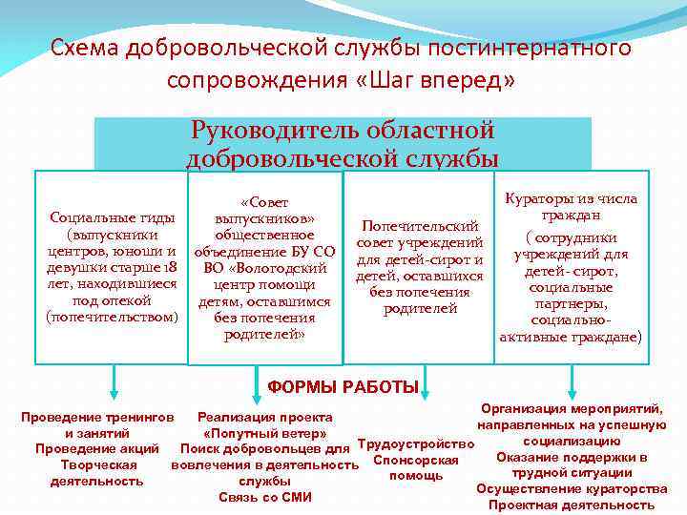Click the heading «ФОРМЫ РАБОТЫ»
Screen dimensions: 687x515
343,386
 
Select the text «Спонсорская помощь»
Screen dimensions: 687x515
416,468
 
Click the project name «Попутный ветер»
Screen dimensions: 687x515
264,433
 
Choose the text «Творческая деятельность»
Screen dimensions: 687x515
97,473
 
